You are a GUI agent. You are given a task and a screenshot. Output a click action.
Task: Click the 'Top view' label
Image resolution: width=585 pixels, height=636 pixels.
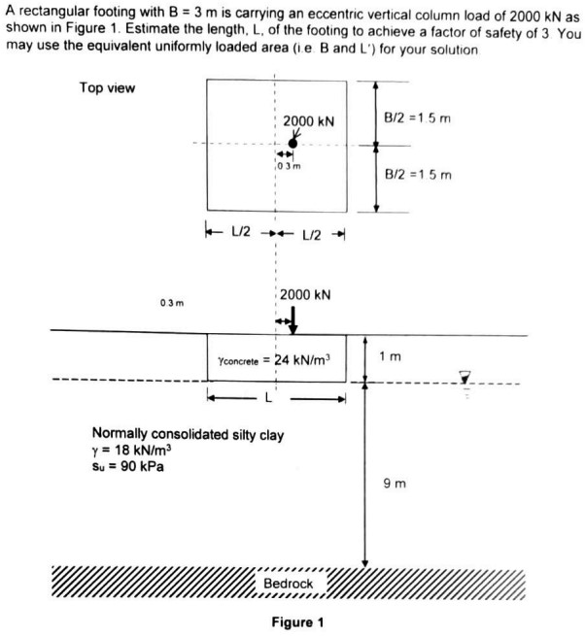click(x=107, y=88)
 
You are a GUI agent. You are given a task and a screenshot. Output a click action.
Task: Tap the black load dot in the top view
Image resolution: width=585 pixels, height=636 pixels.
click(x=292, y=142)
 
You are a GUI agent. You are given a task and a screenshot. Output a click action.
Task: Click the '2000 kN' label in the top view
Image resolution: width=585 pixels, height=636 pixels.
click(x=308, y=121)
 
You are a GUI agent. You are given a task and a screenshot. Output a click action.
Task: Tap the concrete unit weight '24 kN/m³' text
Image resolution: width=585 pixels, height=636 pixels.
click(x=276, y=359)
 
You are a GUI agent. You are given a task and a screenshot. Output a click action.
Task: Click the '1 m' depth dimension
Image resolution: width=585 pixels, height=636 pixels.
click(x=389, y=357)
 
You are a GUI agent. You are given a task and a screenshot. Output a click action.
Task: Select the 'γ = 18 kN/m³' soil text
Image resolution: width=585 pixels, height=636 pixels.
click(x=129, y=451)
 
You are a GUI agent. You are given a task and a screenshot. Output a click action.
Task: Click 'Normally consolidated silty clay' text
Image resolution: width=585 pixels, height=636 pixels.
click(x=187, y=434)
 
